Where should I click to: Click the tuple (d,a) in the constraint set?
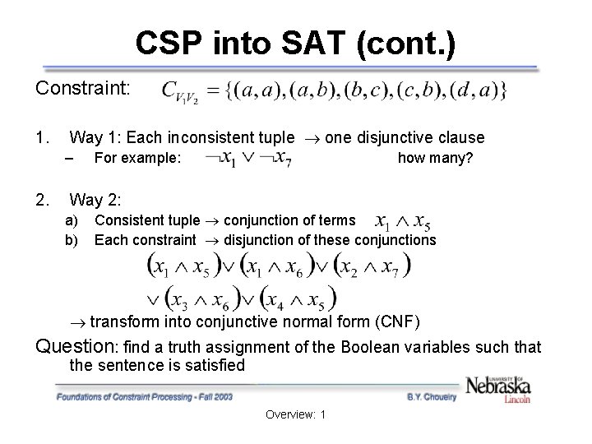[478, 90]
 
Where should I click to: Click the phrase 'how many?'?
[435, 157]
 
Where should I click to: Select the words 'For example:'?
[137, 157]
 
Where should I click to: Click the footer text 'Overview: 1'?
[296, 414]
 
